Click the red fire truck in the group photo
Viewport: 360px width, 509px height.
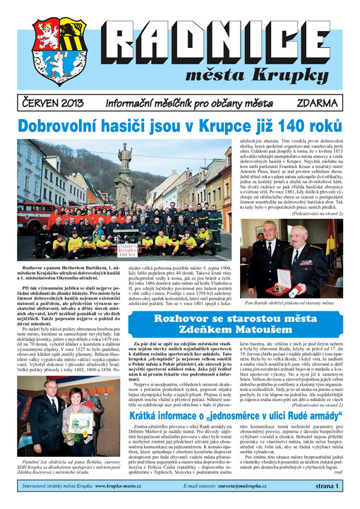point(31,219)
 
